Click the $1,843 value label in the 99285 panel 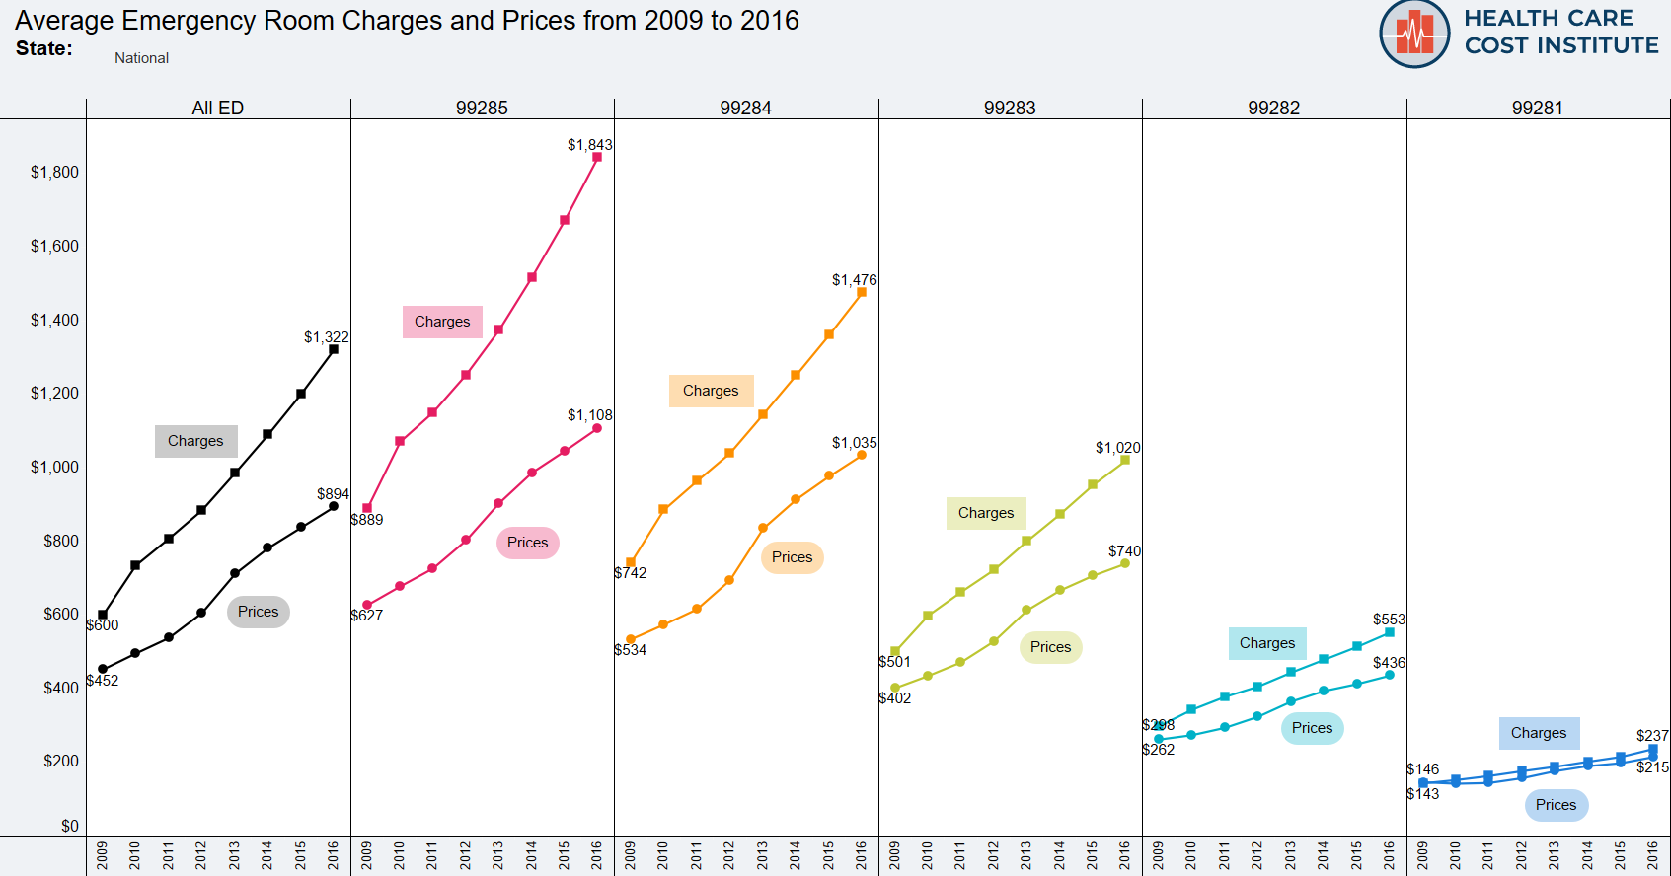[589, 145]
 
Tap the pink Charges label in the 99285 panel [442, 322]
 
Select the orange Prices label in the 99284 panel [792, 557]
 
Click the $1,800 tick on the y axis [54, 173]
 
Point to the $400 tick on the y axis [60, 688]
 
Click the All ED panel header [217, 108]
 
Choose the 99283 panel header [1010, 108]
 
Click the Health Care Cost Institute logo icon [1414, 35]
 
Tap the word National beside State [141, 58]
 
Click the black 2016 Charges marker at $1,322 [334, 349]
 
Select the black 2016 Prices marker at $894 [334, 506]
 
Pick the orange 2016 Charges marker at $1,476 [862, 292]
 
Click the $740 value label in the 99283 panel [1124, 551]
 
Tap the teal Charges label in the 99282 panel [1267, 643]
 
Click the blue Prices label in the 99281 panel [1556, 805]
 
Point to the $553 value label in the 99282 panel [1389, 620]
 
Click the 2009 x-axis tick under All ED [103, 854]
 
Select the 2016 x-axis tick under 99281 [1653, 854]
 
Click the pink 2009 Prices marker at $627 [367, 605]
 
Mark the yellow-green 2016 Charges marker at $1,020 [1125, 460]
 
